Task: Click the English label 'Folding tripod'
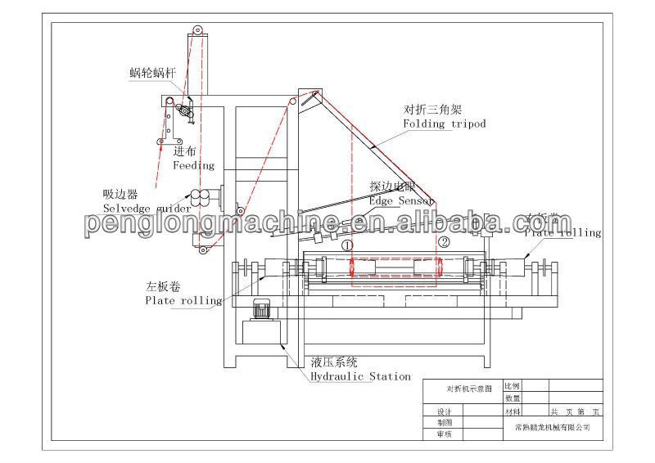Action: [x=444, y=124]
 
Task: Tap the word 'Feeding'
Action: [x=192, y=165]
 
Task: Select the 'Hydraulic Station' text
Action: [x=360, y=376]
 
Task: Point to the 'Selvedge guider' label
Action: [x=147, y=209]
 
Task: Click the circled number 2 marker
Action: [x=443, y=242]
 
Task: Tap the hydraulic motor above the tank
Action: [x=263, y=310]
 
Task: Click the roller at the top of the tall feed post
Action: [x=196, y=31]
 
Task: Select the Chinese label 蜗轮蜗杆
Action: [x=152, y=72]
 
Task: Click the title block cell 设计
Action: [x=445, y=412]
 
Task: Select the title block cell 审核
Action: [x=445, y=434]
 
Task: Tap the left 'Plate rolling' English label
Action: [x=183, y=300]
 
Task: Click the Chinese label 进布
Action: [x=183, y=151]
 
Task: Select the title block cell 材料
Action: [x=513, y=411]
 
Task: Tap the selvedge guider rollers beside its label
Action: [x=199, y=196]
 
